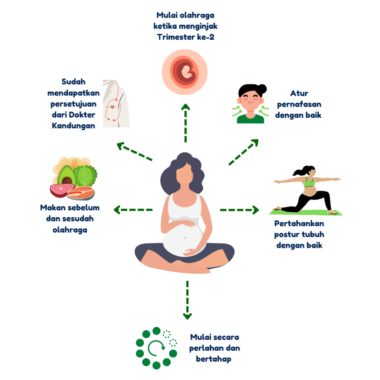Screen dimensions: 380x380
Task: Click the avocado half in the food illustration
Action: (66, 176)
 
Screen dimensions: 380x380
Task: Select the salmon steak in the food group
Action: (81, 193)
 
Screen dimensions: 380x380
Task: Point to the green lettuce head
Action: (85, 176)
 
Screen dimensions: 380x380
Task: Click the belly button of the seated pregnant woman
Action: (185, 238)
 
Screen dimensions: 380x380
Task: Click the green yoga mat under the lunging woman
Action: (306, 213)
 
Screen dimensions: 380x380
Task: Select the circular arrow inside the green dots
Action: (156, 348)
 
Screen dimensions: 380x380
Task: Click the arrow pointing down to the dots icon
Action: (187, 300)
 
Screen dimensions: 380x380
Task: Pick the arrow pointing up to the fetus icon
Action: (186, 123)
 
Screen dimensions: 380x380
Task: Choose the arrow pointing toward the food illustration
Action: (133, 210)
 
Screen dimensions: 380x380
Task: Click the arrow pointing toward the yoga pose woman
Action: (239, 210)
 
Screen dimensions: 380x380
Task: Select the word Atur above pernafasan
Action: (299, 93)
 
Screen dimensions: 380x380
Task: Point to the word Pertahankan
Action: (299, 223)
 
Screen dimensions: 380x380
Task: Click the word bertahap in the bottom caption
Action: (213, 359)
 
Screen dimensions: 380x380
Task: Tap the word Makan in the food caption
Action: (53, 208)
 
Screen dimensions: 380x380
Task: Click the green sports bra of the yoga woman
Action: (309, 182)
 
